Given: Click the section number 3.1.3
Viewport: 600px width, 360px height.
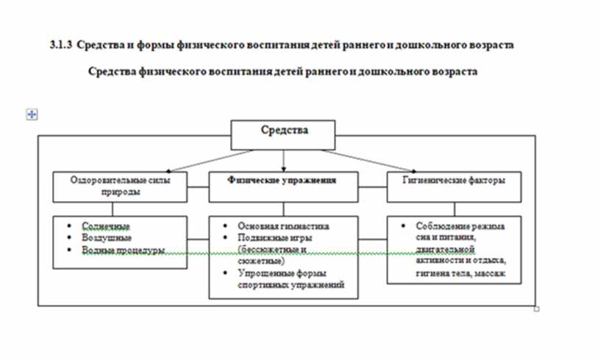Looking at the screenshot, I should coord(60,45).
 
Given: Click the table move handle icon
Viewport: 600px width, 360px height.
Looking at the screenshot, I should coord(32,114).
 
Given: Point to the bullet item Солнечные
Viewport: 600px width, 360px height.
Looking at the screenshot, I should coord(101,227).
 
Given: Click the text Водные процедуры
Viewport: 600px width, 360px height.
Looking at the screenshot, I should coord(122,250).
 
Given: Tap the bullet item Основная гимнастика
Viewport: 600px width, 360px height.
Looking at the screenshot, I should coord(283,226).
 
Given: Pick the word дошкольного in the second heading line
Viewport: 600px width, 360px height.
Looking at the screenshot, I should coord(396,72).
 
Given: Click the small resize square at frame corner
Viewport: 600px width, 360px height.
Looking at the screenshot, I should coord(537,309).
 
